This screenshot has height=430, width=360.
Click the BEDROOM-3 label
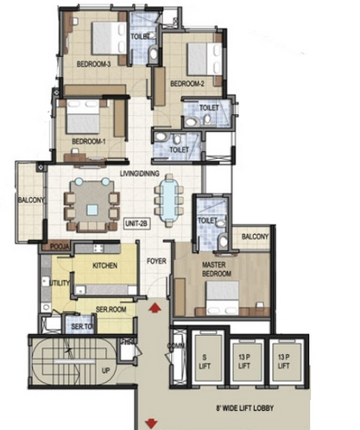[93, 64]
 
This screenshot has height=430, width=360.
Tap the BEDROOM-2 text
[186, 84]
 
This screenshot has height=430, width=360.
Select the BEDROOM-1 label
[88, 142]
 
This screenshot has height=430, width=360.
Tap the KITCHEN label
[104, 266]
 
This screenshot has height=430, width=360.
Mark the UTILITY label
[60, 282]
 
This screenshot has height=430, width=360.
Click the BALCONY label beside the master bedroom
[255, 237]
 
